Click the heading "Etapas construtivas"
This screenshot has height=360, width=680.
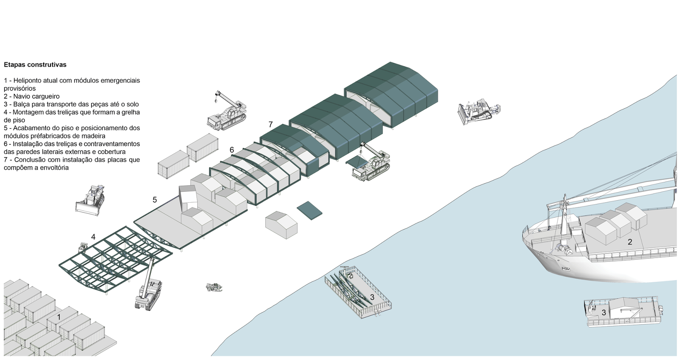pyautogui.click(x=35, y=65)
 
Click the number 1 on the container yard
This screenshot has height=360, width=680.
pyautogui.click(x=59, y=317)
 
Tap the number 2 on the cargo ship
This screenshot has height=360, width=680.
pyautogui.click(x=630, y=242)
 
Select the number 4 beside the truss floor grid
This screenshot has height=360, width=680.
pyautogui.click(x=93, y=237)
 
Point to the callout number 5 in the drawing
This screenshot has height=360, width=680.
pyautogui.click(x=155, y=200)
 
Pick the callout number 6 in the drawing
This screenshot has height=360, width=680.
pyautogui.click(x=232, y=150)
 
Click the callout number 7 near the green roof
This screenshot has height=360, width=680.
pyautogui.click(x=270, y=125)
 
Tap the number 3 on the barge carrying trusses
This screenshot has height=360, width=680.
pyautogui.click(x=372, y=297)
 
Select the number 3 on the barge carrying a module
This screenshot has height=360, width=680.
pyautogui.click(x=603, y=313)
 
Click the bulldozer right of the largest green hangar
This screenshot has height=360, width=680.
pyautogui.click(x=478, y=111)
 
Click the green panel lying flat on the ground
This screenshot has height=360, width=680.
pyautogui.click(x=309, y=210)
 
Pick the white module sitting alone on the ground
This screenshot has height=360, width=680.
pyautogui.click(x=281, y=225)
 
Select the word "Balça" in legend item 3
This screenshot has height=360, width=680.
pyautogui.click(x=22, y=104)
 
